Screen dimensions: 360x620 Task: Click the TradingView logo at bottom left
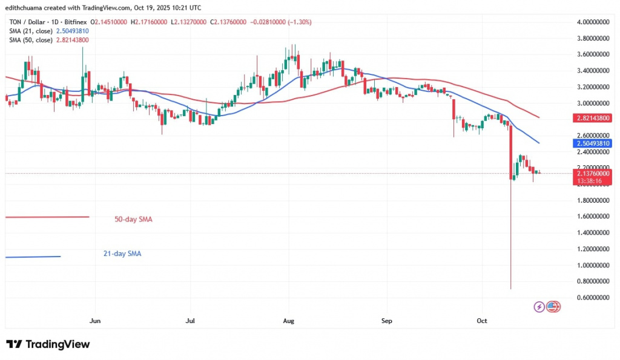tap(48, 344)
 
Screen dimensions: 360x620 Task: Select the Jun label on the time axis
tap(94, 321)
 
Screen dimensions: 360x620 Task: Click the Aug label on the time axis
tap(288, 321)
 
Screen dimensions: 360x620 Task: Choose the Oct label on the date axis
tap(482, 321)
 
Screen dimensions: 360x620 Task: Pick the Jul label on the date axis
tap(190, 321)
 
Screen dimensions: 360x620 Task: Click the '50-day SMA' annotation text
tap(133, 219)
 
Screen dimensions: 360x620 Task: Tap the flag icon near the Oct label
tap(553, 307)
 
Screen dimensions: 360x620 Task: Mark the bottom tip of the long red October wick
tap(511, 289)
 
